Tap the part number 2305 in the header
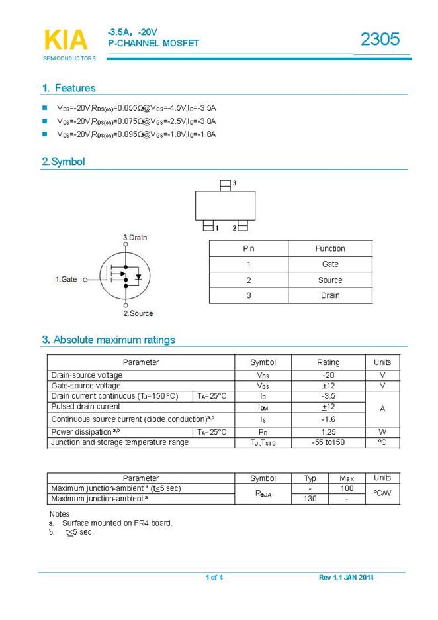[380, 40]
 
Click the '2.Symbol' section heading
[64, 162]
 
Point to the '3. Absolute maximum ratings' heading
[109, 340]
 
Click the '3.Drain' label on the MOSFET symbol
[135, 237]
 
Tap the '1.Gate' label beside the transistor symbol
[66, 280]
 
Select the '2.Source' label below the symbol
[138, 313]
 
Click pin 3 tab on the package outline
[225, 184]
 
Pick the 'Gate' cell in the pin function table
[330, 264]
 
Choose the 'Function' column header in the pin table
[330, 248]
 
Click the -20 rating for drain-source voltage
[328, 375]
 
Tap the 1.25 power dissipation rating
[328, 432]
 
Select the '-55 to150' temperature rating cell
[328, 442]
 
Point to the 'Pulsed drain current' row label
[86, 407]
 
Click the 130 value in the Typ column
[310, 499]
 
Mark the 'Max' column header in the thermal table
[347, 478]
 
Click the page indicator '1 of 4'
[214, 578]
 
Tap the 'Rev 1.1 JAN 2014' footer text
[346, 578]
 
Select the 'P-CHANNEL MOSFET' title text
[153, 44]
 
